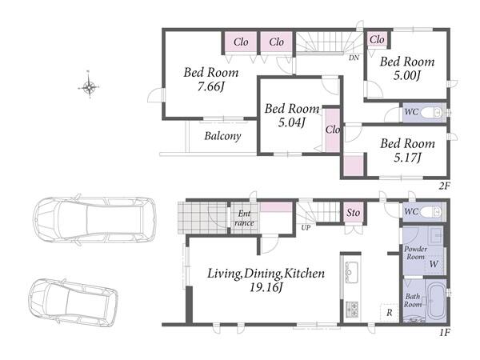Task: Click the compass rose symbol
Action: tap(89, 86)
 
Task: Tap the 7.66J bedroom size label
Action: tap(211, 87)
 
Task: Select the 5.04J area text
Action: tap(291, 122)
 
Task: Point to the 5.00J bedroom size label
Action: tap(407, 75)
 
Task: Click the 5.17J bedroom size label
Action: tap(407, 158)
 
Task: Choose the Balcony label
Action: tap(222, 136)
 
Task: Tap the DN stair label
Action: tap(354, 58)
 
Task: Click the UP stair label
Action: tap(306, 227)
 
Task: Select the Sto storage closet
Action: tap(353, 212)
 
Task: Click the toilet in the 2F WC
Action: tap(431, 112)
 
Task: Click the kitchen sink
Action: tap(351, 272)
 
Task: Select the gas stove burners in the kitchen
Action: tap(352, 309)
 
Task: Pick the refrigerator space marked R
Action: tap(390, 313)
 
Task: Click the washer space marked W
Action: tap(434, 264)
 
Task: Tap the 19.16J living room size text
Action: tap(265, 287)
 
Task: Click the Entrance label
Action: tap(244, 218)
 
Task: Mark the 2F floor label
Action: tap(444, 186)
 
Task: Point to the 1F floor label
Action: tap(445, 332)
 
